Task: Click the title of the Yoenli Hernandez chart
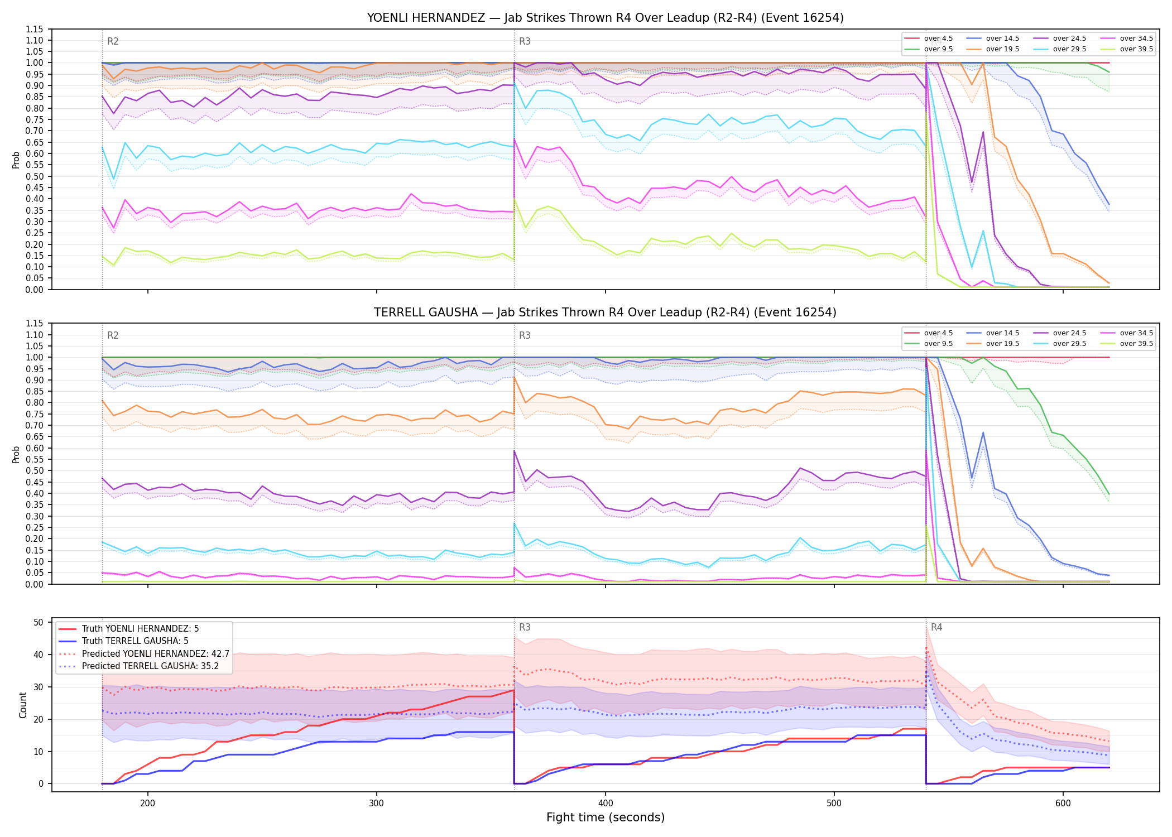(x=605, y=18)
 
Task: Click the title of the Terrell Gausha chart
(x=605, y=312)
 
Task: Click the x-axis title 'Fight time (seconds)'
(x=606, y=817)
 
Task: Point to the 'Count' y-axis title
(x=23, y=705)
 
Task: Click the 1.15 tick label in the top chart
(x=34, y=29)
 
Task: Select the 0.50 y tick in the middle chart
(x=34, y=470)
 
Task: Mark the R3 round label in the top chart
(x=525, y=41)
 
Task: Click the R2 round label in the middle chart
(x=113, y=335)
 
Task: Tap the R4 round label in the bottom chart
(x=936, y=627)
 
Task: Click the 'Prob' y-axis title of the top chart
(x=16, y=160)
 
